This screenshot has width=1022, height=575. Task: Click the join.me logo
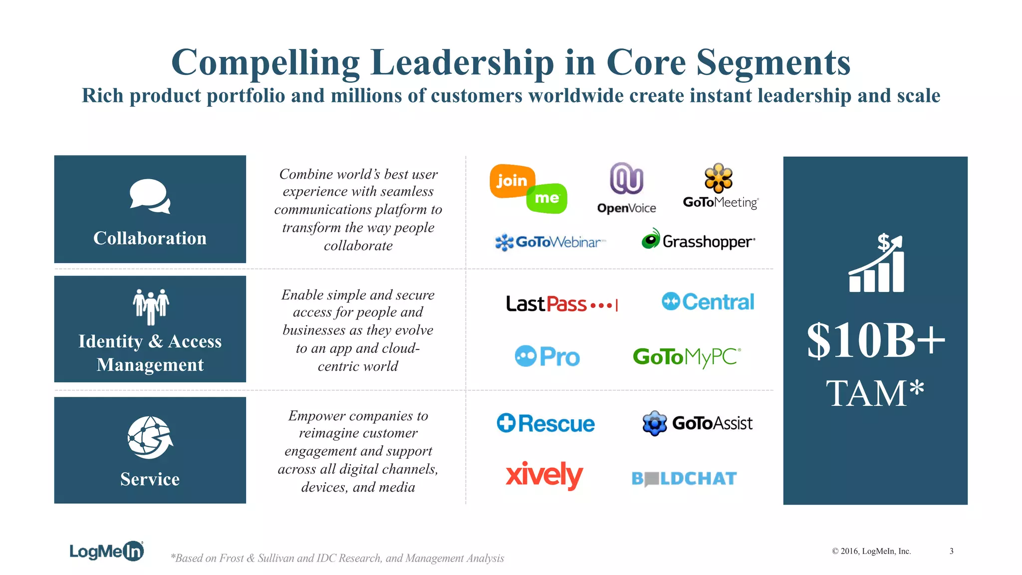(528, 189)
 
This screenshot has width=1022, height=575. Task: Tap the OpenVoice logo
(627, 188)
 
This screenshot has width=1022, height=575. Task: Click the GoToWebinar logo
(550, 242)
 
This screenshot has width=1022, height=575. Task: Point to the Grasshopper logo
(698, 240)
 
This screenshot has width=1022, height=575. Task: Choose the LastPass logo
(562, 303)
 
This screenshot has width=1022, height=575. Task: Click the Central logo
(708, 301)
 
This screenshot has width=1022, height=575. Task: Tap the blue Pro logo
(547, 356)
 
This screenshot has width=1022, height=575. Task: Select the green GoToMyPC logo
(687, 357)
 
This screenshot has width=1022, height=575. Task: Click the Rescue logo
(546, 423)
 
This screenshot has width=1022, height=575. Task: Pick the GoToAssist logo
(698, 423)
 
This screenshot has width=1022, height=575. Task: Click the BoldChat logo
(684, 479)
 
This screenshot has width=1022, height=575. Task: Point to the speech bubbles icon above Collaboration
(150, 196)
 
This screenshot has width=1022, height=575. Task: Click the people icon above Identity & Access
(151, 306)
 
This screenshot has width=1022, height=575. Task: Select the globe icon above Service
(150, 437)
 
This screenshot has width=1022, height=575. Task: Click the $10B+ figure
(876, 340)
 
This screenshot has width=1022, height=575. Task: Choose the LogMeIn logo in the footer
(107, 551)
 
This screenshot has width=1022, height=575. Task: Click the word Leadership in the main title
(462, 63)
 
